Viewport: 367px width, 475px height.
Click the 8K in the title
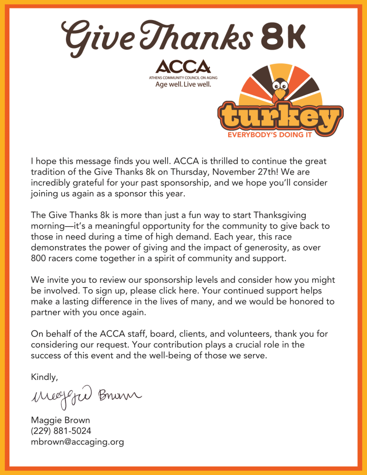[284, 36]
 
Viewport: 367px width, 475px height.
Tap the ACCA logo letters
[183, 67]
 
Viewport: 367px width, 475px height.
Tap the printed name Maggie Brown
[60, 421]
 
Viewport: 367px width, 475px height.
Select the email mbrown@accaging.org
[78, 442]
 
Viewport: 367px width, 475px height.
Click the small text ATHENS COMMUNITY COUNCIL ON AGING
[183, 78]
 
